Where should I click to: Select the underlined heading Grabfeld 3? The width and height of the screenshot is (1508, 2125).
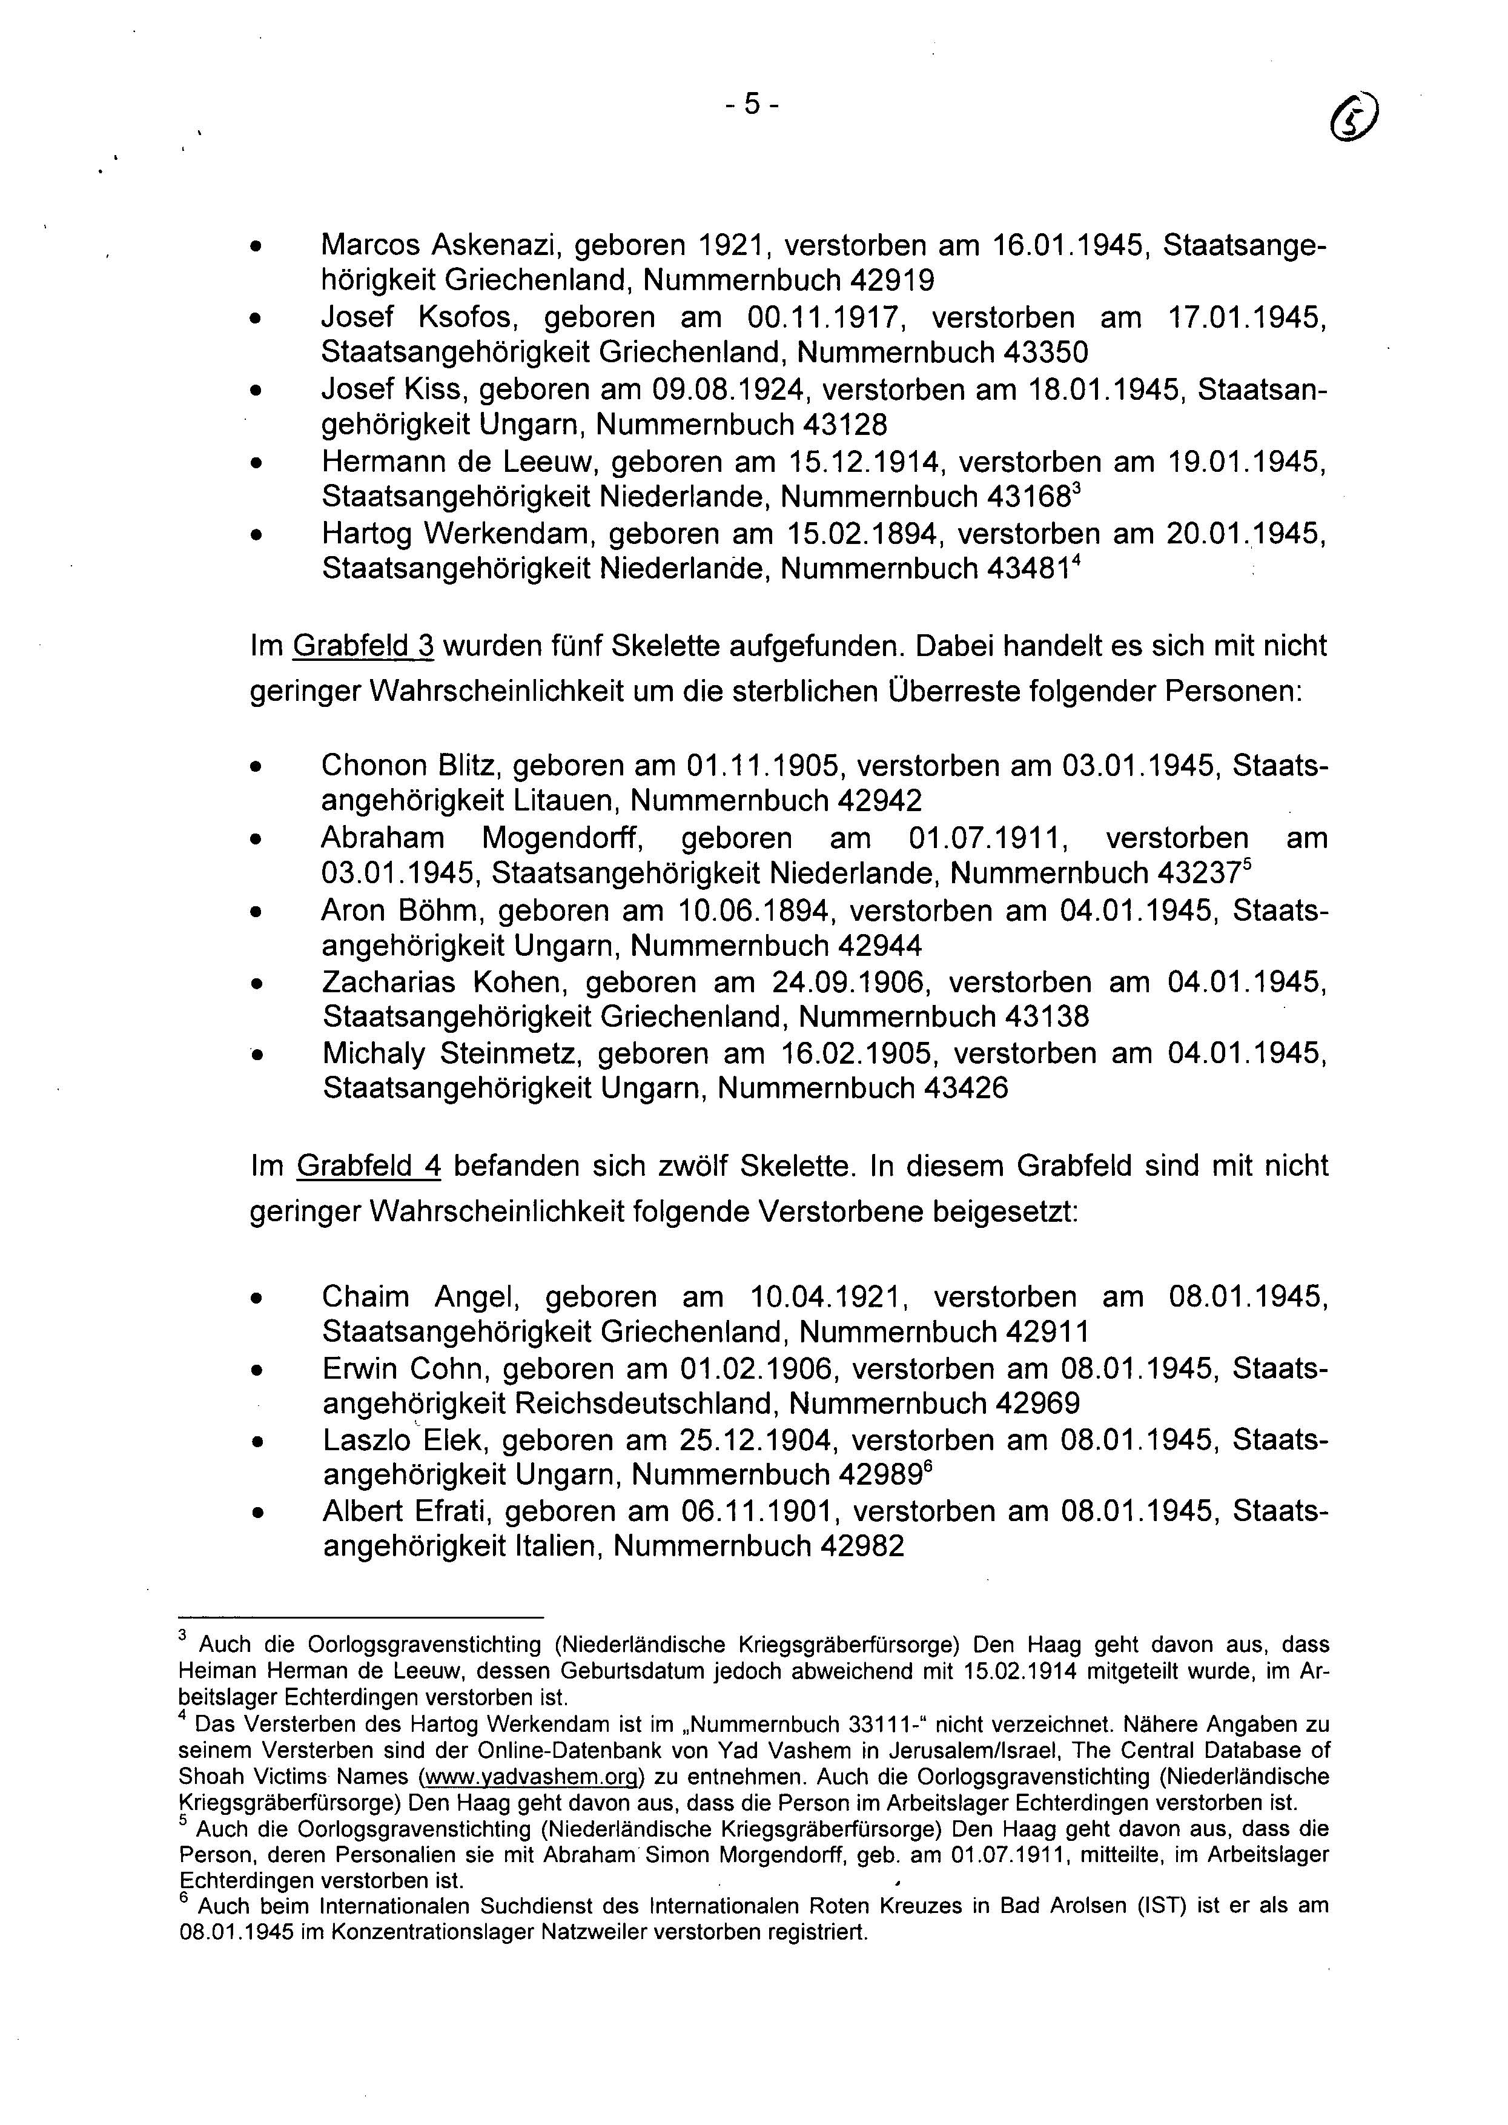click(x=363, y=646)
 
